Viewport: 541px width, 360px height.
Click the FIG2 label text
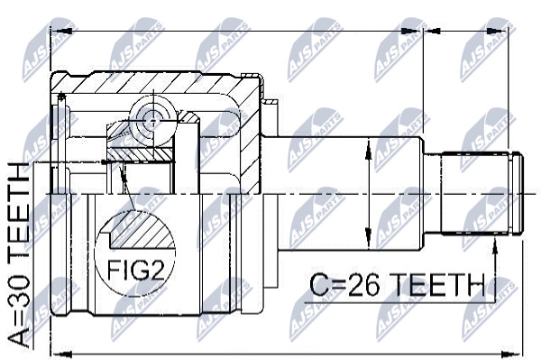click(135, 270)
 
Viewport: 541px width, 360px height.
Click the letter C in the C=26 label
click(319, 285)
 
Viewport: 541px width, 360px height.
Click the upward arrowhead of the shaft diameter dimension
click(369, 149)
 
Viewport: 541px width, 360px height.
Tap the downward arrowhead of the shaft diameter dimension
click(369, 239)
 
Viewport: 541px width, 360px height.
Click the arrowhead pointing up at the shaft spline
click(495, 245)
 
